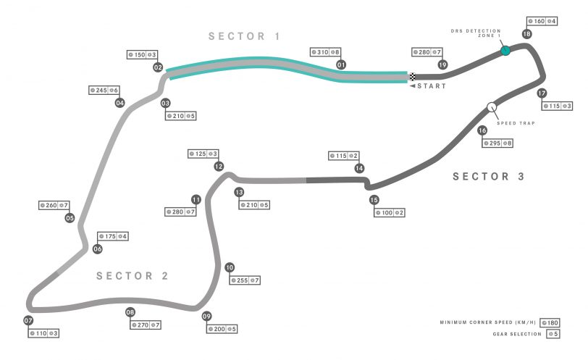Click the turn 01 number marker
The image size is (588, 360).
tap(340, 64)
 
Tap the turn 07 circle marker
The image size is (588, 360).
tap(29, 321)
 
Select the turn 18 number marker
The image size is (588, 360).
tap(526, 34)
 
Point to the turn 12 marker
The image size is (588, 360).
tap(219, 166)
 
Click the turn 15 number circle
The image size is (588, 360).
tap(374, 200)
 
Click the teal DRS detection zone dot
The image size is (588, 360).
tap(505, 51)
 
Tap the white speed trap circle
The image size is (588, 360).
tap(492, 107)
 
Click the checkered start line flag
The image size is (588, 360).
tap(412, 76)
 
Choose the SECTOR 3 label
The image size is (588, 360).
tap(488, 176)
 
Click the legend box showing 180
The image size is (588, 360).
tap(553, 322)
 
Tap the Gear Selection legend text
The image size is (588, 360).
tap(511, 334)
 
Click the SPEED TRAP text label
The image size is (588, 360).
tap(517, 123)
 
